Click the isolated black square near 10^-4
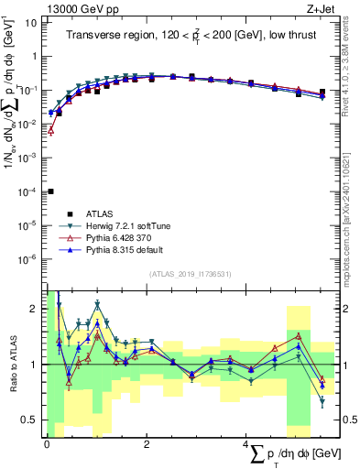(51, 191)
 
